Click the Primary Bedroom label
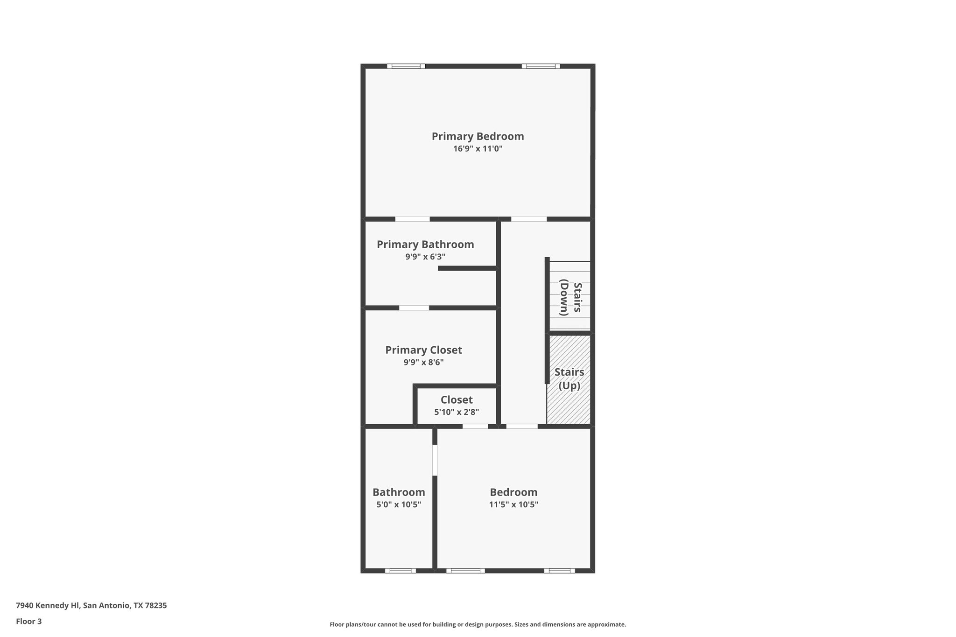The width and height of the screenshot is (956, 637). point(478,136)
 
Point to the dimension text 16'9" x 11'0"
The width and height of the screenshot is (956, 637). point(478,149)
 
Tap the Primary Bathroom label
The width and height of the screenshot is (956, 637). point(425,245)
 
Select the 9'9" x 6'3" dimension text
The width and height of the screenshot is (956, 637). point(425,257)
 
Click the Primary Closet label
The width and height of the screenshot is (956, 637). point(423,350)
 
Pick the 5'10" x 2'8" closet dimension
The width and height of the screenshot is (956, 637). point(457,412)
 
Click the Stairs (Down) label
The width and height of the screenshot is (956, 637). point(570,299)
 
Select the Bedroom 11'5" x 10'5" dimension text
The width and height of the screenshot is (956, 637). point(513,504)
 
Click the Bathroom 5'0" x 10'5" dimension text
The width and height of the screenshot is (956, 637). point(399,504)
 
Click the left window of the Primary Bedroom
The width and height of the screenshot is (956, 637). point(406,66)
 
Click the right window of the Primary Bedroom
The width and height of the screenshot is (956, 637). point(541,66)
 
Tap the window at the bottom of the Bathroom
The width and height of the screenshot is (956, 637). point(400,570)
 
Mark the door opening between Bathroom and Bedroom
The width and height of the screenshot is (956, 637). point(435,460)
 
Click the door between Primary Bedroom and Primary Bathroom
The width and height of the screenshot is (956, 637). point(412,219)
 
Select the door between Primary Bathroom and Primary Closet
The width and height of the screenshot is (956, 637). point(414,308)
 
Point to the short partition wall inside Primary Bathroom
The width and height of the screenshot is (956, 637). point(467,268)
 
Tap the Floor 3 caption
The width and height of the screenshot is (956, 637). point(29,621)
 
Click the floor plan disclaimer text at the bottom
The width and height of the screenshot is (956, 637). point(478,624)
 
